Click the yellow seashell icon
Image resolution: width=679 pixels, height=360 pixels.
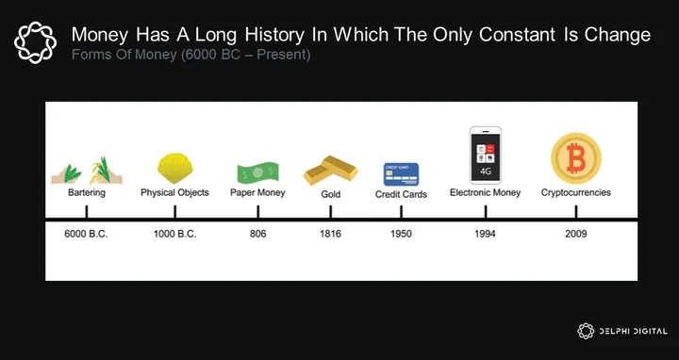click(x=174, y=169)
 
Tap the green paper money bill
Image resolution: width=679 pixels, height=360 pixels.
click(x=257, y=173)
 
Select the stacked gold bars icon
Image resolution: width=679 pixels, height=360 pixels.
click(x=330, y=170)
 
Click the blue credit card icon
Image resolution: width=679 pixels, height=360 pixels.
click(x=401, y=174)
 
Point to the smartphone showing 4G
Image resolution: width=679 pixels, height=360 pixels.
click(x=486, y=155)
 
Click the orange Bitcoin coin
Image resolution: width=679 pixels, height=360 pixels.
click(x=576, y=158)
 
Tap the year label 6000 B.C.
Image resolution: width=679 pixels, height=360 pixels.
click(x=86, y=234)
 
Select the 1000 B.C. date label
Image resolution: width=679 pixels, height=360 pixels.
click(x=175, y=234)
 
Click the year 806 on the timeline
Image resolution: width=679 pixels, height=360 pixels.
click(x=258, y=234)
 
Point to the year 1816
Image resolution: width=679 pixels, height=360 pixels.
click(x=330, y=234)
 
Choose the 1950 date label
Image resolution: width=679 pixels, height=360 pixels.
click(x=401, y=234)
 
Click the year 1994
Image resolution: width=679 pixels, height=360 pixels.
click(x=485, y=234)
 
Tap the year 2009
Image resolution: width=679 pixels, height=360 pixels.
click(x=576, y=234)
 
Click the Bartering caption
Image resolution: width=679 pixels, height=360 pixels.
click(x=87, y=192)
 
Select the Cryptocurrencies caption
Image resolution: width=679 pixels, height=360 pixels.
click(x=576, y=192)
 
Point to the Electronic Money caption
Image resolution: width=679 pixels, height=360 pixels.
click(x=485, y=192)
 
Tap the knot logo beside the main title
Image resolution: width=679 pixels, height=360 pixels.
click(x=35, y=42)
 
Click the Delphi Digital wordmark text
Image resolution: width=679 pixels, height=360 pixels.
click(x=633, y=332)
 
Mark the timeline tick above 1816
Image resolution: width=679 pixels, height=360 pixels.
click(x=330, y=212)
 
